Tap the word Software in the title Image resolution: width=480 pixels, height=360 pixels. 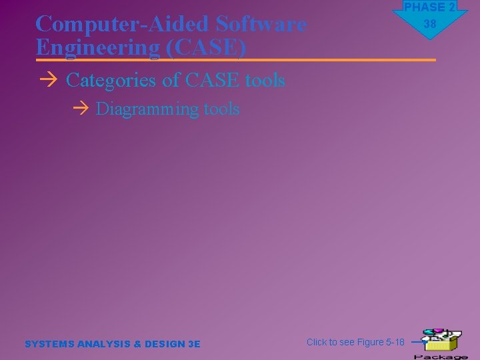click(x=262, y=24)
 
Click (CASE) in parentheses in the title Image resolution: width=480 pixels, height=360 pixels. click(x=208, y=48)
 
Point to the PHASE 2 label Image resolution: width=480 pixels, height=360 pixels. click(x=429, y=7)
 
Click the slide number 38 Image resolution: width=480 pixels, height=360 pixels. click(x=429, y=24)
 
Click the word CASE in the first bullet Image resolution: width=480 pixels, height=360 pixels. click(x=213, y=81)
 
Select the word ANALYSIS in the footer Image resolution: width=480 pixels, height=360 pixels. click(x=105, y=344)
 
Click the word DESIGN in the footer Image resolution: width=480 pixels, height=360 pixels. click(x=165, y=344)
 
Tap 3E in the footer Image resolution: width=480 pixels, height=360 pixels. click(x=194, y=344)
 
